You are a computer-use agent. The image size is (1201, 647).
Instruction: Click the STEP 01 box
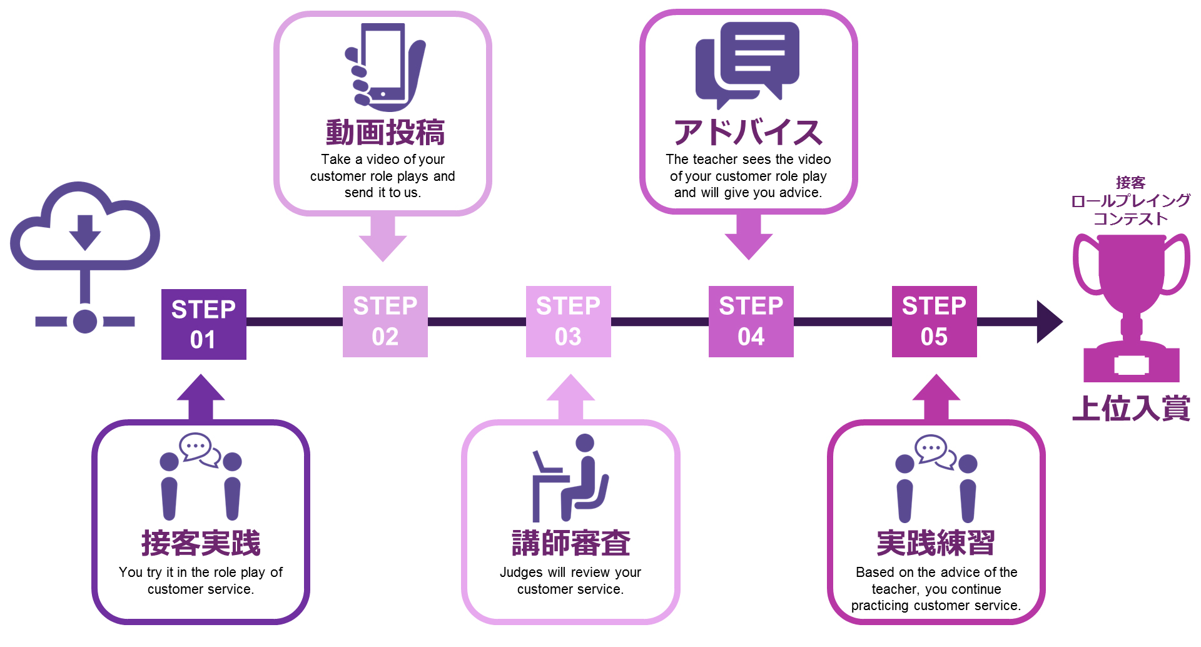coord(203,324)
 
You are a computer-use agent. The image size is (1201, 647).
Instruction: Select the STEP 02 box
coord(385,322)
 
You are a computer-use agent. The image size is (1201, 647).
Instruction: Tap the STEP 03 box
coord(568,322)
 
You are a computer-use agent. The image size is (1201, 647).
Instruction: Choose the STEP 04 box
coord(751,322)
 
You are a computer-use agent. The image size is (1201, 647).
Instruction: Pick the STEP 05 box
coord(934,322)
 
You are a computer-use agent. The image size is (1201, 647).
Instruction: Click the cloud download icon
coord(85,228)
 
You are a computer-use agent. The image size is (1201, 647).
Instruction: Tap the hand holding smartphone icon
coord(383,67)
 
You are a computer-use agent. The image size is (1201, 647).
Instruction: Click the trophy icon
coord(1131,307)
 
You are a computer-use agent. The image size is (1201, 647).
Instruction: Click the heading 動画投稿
coord(385,133)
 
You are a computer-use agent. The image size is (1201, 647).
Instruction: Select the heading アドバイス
coord(748,133)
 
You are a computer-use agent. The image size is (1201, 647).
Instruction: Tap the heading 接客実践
coord(201,543)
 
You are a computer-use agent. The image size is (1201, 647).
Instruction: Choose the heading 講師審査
coord(570,543)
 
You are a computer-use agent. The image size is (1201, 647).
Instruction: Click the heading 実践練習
coord(936,543)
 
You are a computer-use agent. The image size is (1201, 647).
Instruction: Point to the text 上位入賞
coord(1131,408)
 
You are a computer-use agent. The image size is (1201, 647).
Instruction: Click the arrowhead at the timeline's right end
coord(1049,322)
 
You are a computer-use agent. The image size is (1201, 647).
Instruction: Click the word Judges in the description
coord(521,573)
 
